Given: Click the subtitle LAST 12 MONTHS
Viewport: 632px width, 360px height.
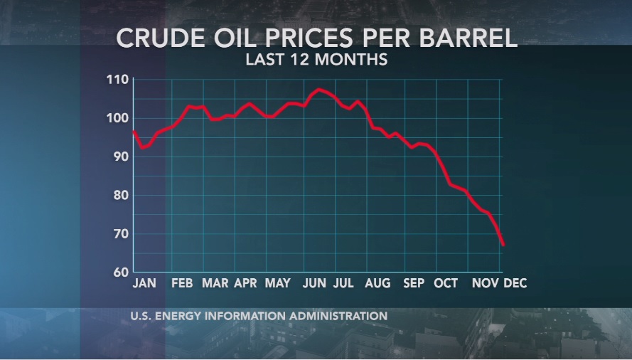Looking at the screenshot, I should (316, 59).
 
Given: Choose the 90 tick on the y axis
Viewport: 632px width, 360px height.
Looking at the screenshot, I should (120, 157).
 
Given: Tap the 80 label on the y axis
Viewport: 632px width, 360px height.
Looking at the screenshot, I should (120, 195).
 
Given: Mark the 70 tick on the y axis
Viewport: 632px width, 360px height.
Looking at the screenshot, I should (120, 233).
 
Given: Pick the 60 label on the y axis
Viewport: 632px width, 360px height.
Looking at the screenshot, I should (120, 272).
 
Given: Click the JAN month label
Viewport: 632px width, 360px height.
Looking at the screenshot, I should (144, 283).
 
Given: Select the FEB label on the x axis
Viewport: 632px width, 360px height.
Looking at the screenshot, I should (182, 283).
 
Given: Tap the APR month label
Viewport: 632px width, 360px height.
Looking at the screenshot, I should (245, 283).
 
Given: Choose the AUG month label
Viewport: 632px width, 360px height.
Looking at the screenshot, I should (377, 283).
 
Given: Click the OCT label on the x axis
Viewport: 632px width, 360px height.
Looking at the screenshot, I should (446, 283).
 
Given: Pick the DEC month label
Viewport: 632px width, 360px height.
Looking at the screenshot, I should (515, 283).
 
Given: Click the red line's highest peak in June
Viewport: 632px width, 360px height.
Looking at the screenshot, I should (318, 89).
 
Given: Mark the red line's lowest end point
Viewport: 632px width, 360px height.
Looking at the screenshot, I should (503, 245).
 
